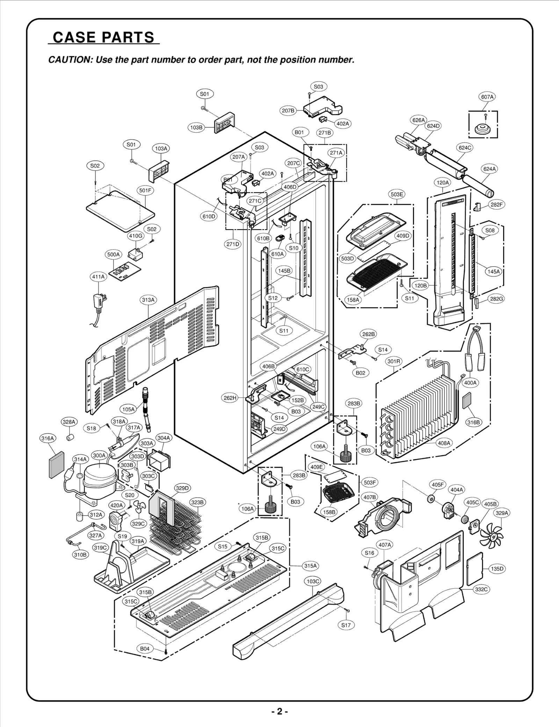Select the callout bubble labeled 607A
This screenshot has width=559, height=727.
487,97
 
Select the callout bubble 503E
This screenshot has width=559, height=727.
397,194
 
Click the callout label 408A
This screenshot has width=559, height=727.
444,443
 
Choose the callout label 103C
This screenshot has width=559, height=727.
313,581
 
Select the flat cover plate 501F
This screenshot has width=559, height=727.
121,212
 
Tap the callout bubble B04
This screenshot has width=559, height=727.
145,648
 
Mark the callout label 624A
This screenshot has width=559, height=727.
489,169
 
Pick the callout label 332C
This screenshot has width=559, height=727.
481,589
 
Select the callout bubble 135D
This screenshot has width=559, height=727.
497,569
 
